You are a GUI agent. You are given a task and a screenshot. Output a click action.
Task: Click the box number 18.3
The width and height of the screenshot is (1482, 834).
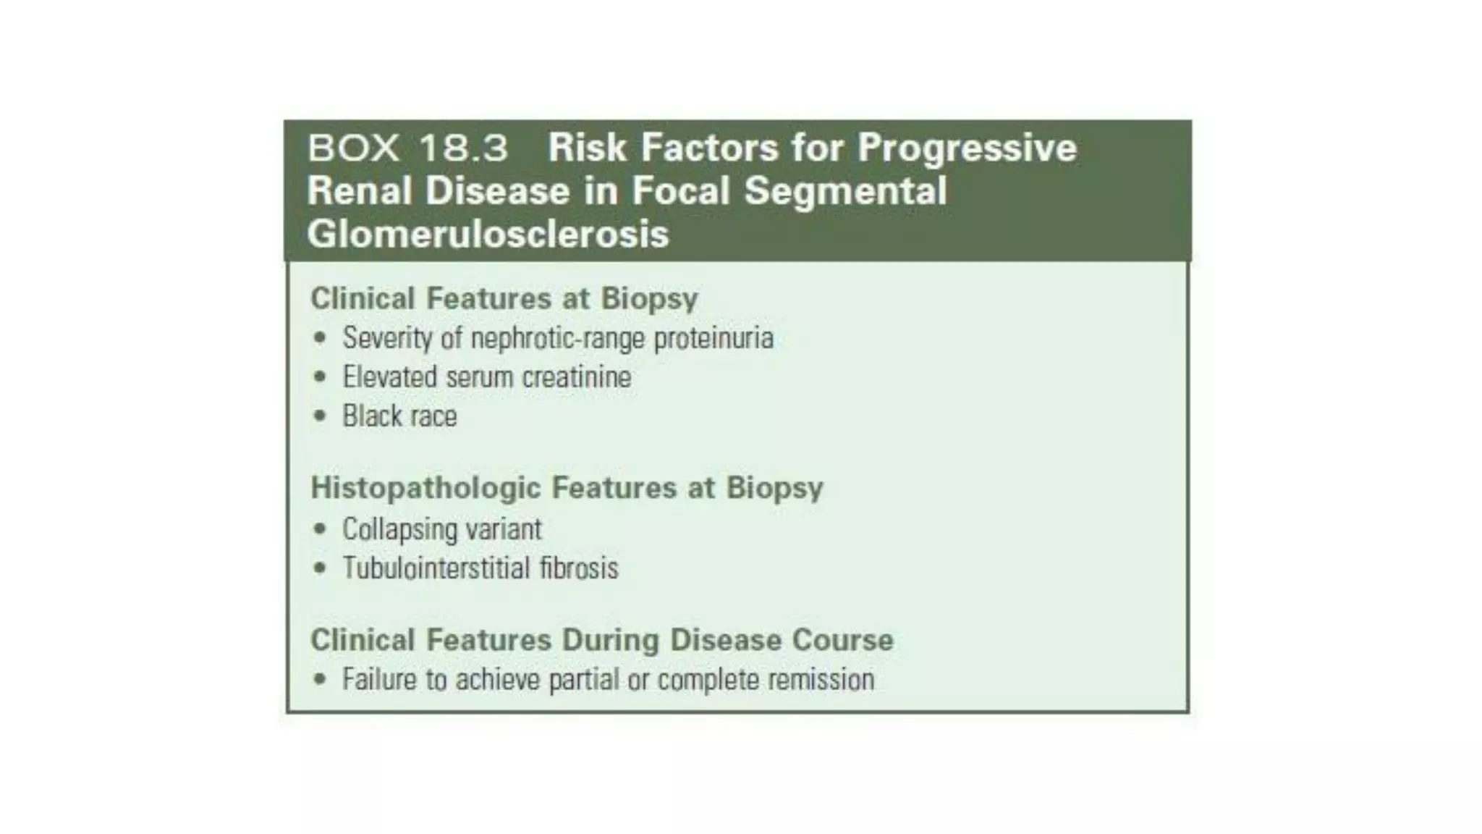[x=463, y=148]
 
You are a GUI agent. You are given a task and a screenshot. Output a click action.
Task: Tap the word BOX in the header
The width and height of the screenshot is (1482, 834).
[x=353, y=148]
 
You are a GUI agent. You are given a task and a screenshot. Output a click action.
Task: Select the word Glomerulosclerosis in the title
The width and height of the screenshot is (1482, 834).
[x=488, y=234]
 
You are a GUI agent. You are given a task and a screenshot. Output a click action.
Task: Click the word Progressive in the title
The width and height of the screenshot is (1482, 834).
[x=967, y=148]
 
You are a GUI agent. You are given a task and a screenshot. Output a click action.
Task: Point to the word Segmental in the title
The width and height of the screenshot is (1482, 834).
[x=845, y=191]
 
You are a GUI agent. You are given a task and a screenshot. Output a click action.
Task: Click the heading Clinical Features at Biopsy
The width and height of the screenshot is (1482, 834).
[x=504, y=298]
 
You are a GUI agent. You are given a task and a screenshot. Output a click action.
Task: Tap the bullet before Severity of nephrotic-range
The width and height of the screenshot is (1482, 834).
[x=320, y=338]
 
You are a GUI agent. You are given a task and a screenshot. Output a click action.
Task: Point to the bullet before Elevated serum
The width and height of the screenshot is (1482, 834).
[x=320, y=377]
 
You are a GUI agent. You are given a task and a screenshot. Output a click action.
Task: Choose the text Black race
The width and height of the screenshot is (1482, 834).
[x=399, y=416]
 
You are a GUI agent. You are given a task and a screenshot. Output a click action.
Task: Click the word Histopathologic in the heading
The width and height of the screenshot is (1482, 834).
[x=425, y=487]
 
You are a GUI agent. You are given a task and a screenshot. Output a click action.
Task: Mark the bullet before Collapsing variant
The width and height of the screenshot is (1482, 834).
[x=320, y=529]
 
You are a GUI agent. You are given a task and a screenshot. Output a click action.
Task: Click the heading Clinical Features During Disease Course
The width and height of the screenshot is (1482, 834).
[x=601, y=640]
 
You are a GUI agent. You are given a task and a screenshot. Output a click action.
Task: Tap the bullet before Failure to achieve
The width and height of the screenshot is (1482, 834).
[x=320, y=680]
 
